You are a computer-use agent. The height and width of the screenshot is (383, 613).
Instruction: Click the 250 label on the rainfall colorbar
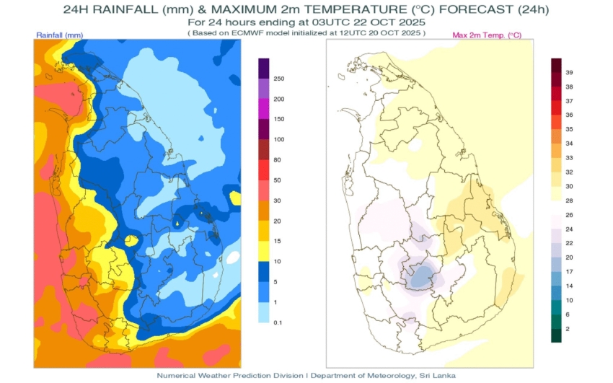[279, 78]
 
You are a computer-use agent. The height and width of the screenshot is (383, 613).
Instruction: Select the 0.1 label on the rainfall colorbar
[277, 322]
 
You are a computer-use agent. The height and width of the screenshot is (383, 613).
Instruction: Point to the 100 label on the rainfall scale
[279, 139]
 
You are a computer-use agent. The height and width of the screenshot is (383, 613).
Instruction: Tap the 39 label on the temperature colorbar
[569, 73]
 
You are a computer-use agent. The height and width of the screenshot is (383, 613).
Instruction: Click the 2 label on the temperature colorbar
[568, 328]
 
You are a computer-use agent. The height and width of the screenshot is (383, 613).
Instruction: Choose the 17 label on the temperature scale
[569, 271]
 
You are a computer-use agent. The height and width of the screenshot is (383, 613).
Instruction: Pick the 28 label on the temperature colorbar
[569, 201]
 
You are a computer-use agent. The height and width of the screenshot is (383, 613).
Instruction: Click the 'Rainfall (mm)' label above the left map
[59, 35]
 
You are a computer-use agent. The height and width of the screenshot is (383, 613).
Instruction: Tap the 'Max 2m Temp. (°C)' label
[487, 35]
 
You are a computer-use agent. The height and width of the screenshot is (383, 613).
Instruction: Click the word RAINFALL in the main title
[124, 10]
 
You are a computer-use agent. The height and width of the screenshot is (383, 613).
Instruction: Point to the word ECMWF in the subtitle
[264, 33]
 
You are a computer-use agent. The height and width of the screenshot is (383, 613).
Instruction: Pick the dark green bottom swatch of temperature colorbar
[556, 335]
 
